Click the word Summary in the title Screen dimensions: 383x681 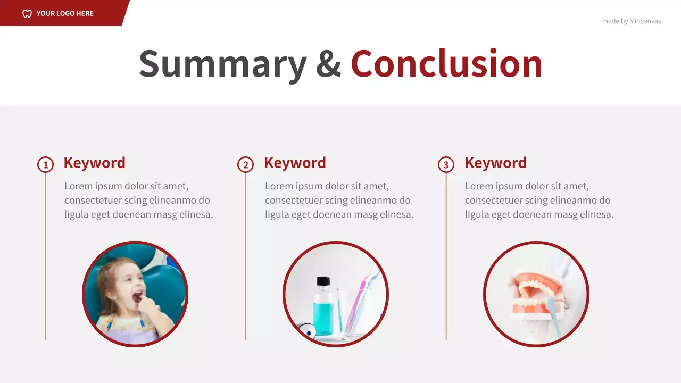pyautogui.click(x=222, y=64)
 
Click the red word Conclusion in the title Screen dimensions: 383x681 pyautogui.click(x=446, y=64)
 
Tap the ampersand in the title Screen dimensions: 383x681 pyautogui.click(x=328, y=64)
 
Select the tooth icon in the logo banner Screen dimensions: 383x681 pyautogui.click(x=27, y=13)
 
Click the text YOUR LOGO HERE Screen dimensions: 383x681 pyautogui.click(x=65, y=13)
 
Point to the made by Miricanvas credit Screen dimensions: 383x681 pyautogui.click(x=632, y=21)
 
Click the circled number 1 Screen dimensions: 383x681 pyautogui.click(x=45, y=165)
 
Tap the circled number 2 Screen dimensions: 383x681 pyautogui.click(x=245, y=165)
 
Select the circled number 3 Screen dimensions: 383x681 pyautogui.click(x=446, y=165)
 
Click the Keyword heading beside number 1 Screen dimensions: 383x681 pyautogui.click(x=94, y=163)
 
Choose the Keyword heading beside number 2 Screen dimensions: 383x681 pyautogui.click(x=295, y=163)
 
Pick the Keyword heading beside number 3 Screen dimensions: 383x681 pyautogui.click(x=495, y=163)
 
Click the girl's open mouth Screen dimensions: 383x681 pyautogui.click(x=138, y=296)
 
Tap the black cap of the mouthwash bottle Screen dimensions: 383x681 pyautogui.click(x=323, y=281)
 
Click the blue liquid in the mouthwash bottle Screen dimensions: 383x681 pyautogui.click(x=323, y=317)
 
